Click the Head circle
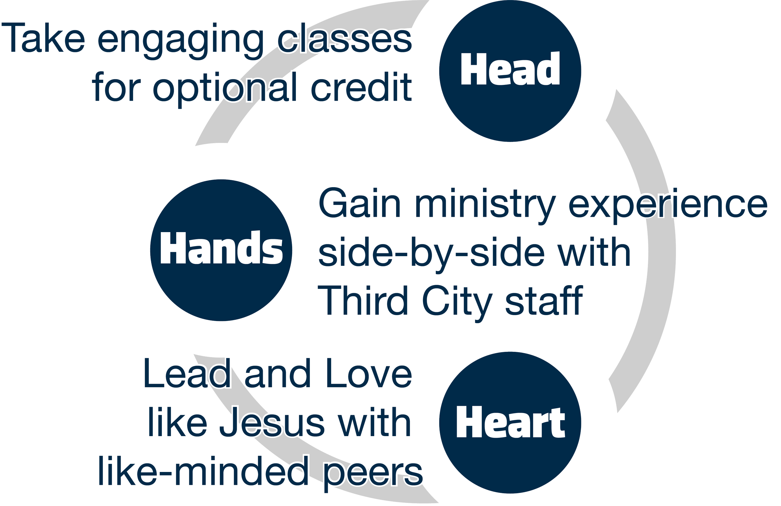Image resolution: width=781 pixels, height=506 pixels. click(510, 71)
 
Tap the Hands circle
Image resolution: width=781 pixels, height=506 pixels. click(221, 250)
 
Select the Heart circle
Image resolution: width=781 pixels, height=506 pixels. click(510, 423)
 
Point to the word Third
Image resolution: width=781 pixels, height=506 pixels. click(364, 300)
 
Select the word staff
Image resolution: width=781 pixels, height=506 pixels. click(543, 300)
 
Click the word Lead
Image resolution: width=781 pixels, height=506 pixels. click(187, 374)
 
